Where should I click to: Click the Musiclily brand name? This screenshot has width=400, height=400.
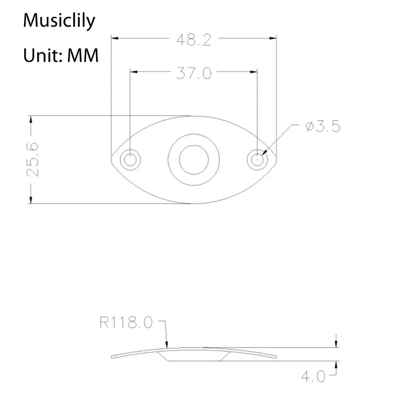tap(59, 21)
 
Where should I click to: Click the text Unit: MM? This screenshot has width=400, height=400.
tap(61, 56)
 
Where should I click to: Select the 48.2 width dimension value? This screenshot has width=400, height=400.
tap(194, 40)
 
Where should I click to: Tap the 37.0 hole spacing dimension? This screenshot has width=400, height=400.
tap(194, 73)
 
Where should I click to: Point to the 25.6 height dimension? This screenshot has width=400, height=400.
tap(32, 159)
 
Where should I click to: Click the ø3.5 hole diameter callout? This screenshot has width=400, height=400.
tap(322, 127)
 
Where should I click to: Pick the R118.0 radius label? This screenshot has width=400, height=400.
tap(126, 322)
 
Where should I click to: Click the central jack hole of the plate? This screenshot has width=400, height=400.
tap(194, 160)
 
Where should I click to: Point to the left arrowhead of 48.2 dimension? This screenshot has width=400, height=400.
tap(114, 39)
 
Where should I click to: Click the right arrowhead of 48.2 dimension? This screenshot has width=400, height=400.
tap(273, 39)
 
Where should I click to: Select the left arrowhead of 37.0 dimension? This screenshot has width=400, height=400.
tap(134, 72)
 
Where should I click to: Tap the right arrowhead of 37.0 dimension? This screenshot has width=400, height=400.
tap(254, 72)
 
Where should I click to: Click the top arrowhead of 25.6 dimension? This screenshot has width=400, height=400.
tap(30, 119)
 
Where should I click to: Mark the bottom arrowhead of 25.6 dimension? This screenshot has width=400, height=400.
tap(30, 200)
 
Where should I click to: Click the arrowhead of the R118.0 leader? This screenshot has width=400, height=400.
tap(166, 344)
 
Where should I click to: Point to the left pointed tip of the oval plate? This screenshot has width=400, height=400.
tap(111, 159)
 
